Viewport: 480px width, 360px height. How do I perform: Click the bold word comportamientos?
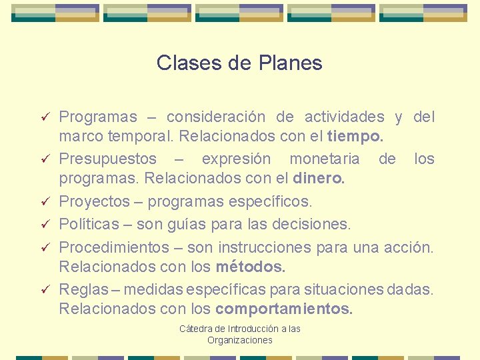click(285, 309)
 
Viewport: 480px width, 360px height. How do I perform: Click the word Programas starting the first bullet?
click(98, 117)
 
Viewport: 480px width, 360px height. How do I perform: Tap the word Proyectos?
click(95, 201)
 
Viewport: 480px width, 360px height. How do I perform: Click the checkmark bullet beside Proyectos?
click(44, 201)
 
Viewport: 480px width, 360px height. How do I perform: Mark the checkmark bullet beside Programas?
click(44, 118)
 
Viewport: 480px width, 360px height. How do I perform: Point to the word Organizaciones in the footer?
click(240, 340)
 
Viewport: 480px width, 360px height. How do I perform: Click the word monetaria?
click(324, 159)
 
